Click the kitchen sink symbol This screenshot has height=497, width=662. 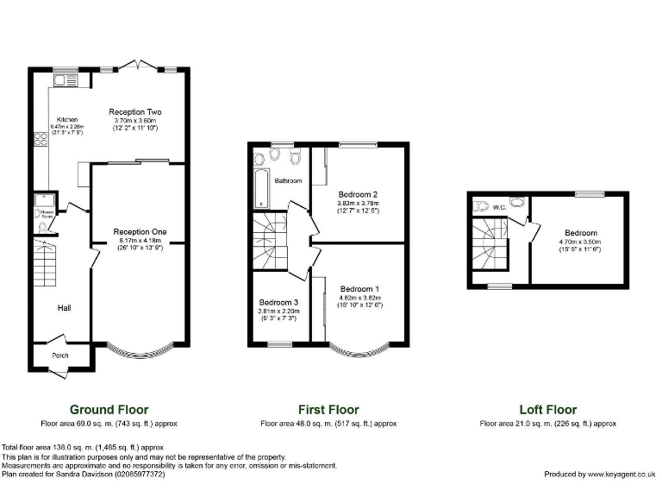(65, 81)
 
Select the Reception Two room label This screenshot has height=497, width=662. (134, 112)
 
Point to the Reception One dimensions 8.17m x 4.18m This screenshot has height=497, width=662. (139, 241)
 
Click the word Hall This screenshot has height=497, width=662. (65, 307)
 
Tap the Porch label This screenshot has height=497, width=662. (60, 355)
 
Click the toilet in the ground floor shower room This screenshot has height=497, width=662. (43, 226)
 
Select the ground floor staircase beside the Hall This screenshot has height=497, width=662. (44, 263)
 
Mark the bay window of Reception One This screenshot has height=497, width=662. (139, 350)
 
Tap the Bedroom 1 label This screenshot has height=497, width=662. (360, 288)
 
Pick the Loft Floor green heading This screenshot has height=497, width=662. (547, 410)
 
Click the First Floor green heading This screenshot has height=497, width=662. (328, 410)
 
